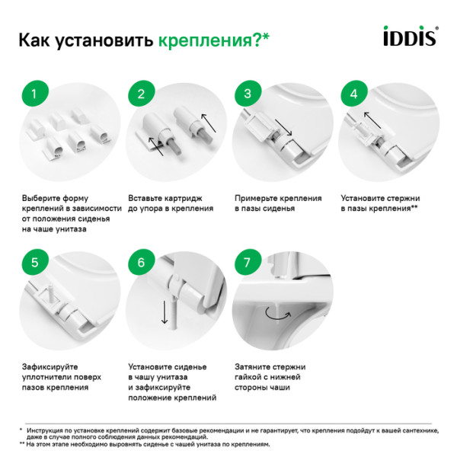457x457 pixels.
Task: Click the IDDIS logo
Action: click(x=408, y=37)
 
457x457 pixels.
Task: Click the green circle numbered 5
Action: click(x=31, y=262)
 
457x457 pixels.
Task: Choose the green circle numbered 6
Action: click(x=140, y=262)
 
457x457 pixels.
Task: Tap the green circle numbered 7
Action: click(x=247, y=262)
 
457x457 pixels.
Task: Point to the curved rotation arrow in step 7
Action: click(x=271, y=313)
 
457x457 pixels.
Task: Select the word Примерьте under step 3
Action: click(x=258, y=197)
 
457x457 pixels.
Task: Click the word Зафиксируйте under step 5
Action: click(x=50, y=365)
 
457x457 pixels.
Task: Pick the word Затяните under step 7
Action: click(x=253, y=365)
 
